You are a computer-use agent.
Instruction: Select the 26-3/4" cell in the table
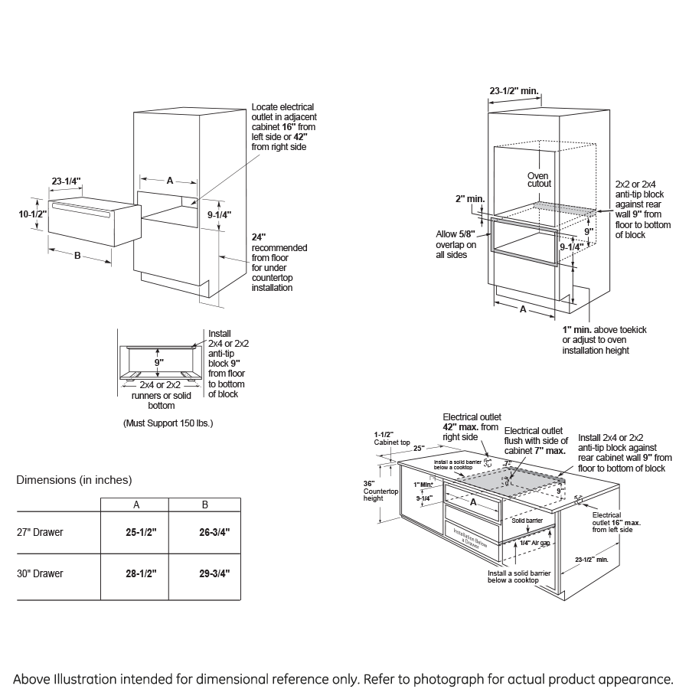tap(204, 532)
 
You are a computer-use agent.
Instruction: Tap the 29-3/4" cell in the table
tap(204, 573)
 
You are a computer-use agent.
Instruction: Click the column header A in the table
tap(136, 505)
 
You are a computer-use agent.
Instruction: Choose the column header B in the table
tap(204, 505)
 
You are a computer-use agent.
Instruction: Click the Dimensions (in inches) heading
tap(74, 480)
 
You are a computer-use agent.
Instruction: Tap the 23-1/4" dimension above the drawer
tap(67, 181)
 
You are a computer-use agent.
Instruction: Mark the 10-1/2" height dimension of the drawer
tap(33, 214)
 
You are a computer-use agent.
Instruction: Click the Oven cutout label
tap(539, 180)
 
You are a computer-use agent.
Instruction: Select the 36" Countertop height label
tap(373, 491)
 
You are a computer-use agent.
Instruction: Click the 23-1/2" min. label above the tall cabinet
tap(514, 91)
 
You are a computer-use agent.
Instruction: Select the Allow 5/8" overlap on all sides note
tap(456, 244)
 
